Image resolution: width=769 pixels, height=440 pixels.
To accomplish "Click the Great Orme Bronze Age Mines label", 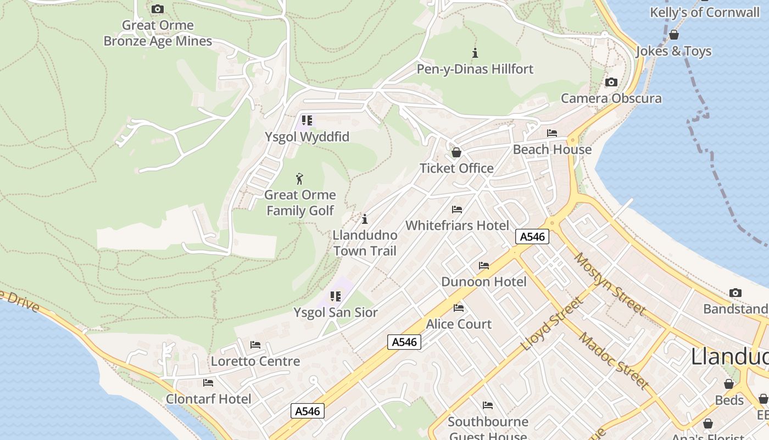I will [158, 33].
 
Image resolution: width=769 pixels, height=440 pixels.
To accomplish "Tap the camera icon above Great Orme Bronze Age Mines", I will [158, 9].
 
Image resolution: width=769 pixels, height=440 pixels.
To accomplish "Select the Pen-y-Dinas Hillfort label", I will [475, 69].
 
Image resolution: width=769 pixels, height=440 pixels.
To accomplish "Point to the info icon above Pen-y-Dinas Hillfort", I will [475, 53].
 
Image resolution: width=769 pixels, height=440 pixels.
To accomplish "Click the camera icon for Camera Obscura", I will [611, 82].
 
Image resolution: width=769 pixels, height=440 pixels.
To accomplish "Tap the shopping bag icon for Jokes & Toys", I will [674, 35].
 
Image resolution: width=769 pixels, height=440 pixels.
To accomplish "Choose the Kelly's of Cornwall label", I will [704, 13].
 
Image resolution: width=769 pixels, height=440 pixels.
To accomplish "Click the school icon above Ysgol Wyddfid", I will [307, 120].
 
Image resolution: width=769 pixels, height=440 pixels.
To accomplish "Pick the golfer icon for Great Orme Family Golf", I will [299, 179].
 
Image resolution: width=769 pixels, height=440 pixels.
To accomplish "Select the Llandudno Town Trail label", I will [365, 243].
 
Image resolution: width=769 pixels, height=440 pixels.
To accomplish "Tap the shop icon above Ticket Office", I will [456, 152].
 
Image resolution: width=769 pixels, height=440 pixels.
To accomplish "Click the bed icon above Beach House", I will [552, 133].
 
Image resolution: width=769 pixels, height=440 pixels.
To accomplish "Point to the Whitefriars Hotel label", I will [457, 226].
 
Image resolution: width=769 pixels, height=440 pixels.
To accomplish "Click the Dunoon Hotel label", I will [483, 282].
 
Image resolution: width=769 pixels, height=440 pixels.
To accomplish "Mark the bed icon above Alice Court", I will [459, 308].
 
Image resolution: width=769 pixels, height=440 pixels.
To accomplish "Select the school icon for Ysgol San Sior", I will [336, 296].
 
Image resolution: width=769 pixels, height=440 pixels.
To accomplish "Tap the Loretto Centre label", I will [255, 361].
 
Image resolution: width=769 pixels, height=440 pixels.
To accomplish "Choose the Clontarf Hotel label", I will [208, 399].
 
